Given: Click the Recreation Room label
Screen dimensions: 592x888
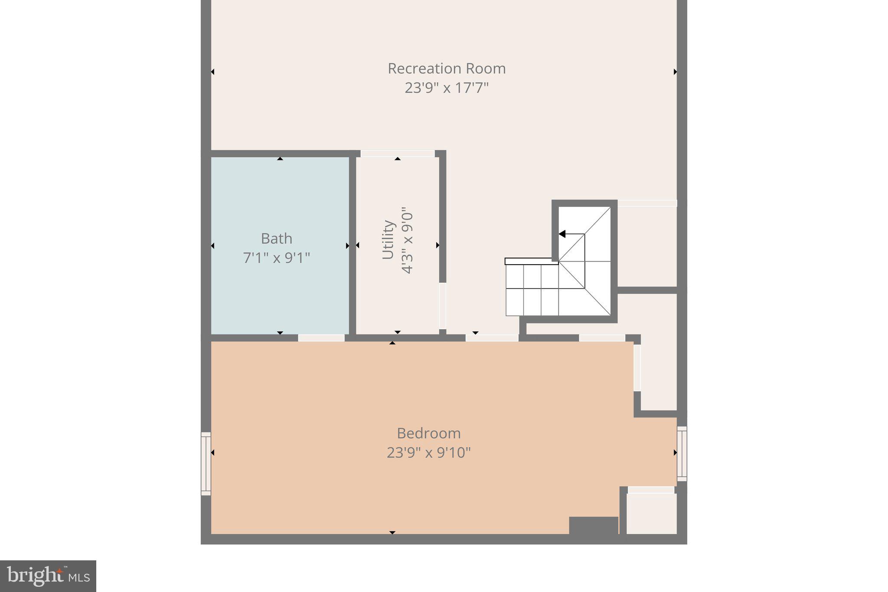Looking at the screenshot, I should coord(447,69).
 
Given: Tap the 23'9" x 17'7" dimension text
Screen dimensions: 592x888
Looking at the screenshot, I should coord(447,88).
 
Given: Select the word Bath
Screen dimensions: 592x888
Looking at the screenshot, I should coord(276,239).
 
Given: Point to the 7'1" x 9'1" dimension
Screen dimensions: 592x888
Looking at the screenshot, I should coord(276,258).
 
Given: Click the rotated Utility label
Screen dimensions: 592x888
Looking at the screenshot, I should coord(388,240).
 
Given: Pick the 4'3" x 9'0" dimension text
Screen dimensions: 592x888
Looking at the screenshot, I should coord(408,243).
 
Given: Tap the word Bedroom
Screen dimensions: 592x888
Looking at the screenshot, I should coord(428,433).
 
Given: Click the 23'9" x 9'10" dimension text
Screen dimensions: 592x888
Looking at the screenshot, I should coord(428,453).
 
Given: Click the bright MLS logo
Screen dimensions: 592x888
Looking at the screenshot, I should coord(48,576).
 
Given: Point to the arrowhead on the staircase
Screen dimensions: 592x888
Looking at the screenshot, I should coord(562,234).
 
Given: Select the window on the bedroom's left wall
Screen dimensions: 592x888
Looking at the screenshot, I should coord(206,464).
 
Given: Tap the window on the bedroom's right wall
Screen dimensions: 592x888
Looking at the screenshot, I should coord(682,454).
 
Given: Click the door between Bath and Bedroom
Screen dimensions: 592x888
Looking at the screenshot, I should coord(321,338).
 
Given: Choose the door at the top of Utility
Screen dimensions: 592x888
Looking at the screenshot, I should coord(398,154).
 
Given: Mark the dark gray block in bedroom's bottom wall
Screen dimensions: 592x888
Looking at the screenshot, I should coord(593,525).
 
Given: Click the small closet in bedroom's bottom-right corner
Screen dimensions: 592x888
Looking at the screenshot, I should coord(651,514).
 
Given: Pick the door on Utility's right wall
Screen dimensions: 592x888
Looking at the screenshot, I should coord(442,306).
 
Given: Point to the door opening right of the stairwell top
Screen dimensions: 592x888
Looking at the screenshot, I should coord(647,203).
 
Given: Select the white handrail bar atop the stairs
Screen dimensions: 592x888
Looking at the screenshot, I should coord(531,261).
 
